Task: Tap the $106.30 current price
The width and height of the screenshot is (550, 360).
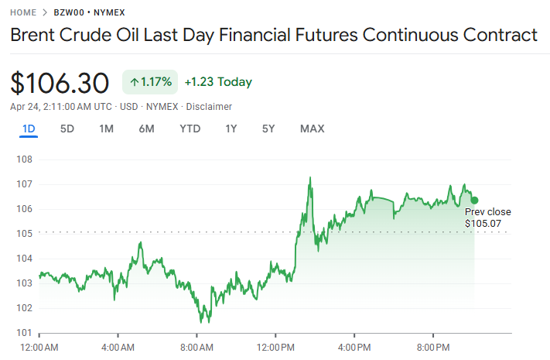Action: click(60, 82)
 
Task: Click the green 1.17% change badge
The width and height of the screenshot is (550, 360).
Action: click(150, 81)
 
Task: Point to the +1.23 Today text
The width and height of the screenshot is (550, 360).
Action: click(218, 82)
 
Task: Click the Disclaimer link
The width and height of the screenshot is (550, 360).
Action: click(209, 106)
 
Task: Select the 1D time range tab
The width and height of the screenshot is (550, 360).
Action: click(29, 129)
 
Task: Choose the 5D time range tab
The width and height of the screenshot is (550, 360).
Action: click(67, 129)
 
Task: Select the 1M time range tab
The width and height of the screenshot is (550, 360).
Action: click(107, 129)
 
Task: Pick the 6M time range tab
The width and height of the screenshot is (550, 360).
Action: click(146, 129)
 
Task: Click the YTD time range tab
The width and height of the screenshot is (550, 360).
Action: click(190, 129)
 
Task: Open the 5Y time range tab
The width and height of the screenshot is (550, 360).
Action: click(268, 129)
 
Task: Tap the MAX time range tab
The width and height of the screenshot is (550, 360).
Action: click(312, 129)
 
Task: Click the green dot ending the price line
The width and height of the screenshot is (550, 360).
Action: click(474, 201)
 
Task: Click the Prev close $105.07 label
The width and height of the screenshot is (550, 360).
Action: click(487, 218)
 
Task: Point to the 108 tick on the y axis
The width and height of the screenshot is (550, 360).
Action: click(24, 159)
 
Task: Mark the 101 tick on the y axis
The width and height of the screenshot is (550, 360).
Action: click(24, 333)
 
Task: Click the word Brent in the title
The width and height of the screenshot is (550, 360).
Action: click(33, 35)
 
